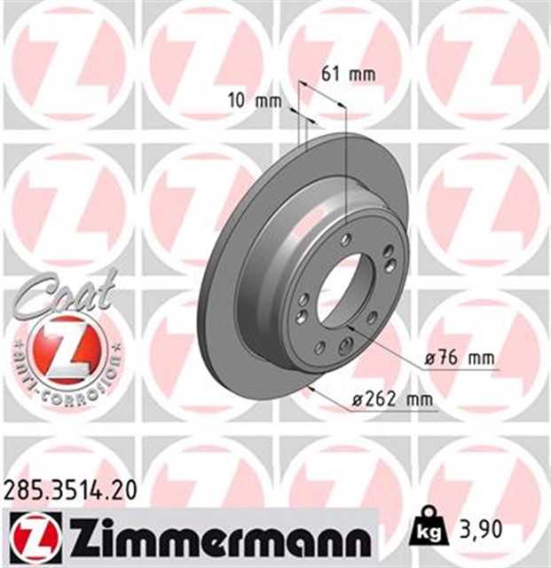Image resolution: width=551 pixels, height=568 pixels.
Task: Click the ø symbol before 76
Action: [429, 359]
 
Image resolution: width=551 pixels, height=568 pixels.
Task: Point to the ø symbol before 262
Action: [357, 401]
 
